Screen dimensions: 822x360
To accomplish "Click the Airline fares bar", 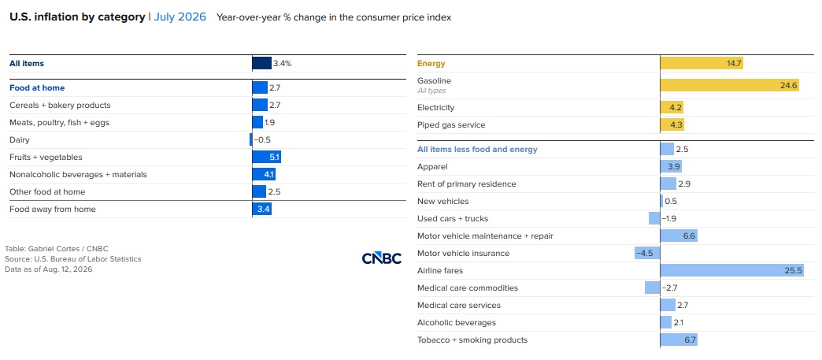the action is (x=731, y=271).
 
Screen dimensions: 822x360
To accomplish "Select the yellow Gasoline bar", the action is (x=730, y=85).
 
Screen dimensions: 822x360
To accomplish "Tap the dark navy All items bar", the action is (x=261, y=64).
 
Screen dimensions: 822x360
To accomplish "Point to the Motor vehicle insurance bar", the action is (x=647, y=254).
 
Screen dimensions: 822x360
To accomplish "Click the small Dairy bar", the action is (x=251, y=140).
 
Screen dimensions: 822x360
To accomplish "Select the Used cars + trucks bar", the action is (x=655, y=219).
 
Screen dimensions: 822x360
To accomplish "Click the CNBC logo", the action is (x=382, y=258).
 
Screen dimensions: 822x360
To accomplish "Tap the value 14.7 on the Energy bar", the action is (x=733, y=64).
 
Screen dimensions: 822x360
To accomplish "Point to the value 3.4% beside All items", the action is (x=282, y=64).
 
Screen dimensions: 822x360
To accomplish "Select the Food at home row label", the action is (x=37, y=88).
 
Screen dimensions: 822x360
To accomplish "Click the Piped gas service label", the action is (x=451, y=125).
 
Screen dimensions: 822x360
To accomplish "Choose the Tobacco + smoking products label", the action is (x=472, y=340).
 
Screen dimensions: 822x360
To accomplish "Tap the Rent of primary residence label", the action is (x=467, y=184).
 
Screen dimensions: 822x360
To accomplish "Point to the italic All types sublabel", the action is (x=431, y=91).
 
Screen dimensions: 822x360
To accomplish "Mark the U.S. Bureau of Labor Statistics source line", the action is (x=73, y=258).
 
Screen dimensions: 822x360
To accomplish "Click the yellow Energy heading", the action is (x=431, y=64).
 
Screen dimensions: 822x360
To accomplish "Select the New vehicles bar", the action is (x=661, y=202).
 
